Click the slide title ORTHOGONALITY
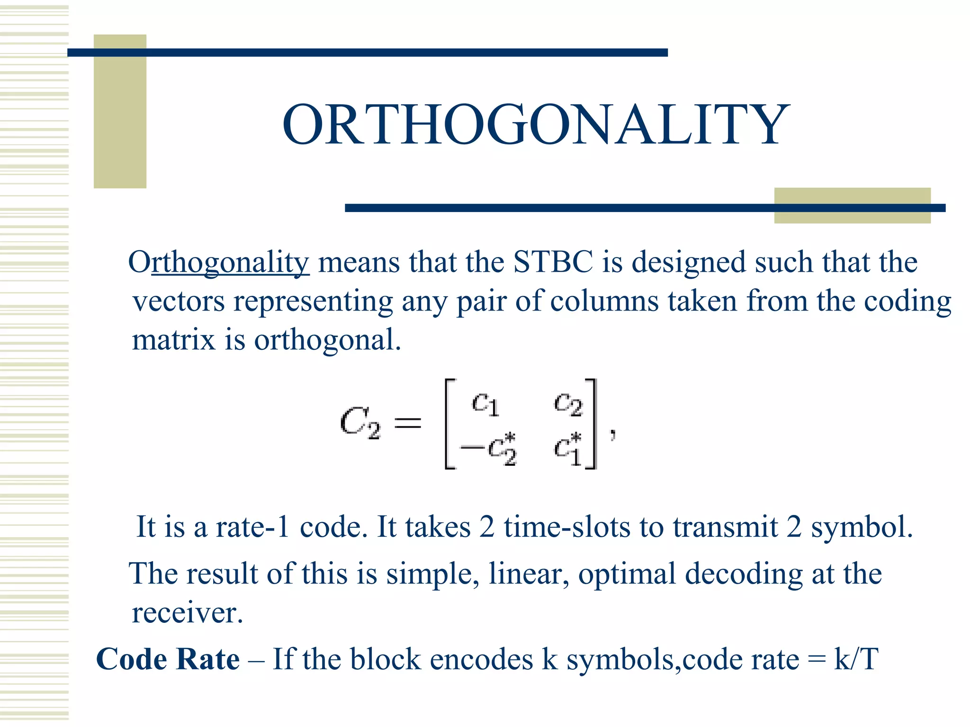point(536,124)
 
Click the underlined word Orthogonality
point(219,262)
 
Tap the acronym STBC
point(553,262)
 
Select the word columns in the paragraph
point(604,301)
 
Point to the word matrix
point(173,340)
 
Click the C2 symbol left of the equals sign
point(360,423)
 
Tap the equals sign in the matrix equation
point(408,423)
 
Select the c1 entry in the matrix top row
point(485,404)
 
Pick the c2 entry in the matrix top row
point(568,404)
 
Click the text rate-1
point(252,526)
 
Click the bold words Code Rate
point(168,659)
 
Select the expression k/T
point(856,659)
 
